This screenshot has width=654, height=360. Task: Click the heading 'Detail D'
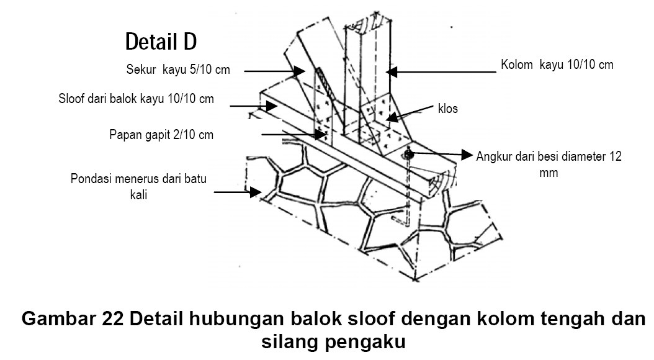point(161,42)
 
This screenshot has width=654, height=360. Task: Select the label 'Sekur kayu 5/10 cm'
point(178,70)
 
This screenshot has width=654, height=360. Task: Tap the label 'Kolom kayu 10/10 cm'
point(557,65)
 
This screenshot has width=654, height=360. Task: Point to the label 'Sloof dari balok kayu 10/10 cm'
point(136,99)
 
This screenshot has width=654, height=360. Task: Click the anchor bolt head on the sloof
point(408,153)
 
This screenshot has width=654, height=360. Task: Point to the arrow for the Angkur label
point(441,153)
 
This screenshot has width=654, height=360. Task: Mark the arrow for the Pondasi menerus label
point(236,192)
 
